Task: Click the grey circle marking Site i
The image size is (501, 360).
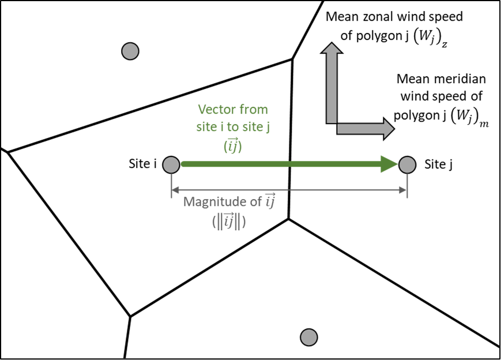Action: click(x=171, y=164)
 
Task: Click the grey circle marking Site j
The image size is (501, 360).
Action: click(x=408, y=164)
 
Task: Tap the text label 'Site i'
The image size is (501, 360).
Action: click(x=142, y=164)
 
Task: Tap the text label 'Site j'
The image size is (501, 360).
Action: click(x=438, y=164)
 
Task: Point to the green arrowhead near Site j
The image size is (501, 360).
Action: click(x=389, y=164)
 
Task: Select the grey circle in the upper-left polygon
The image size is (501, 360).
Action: click(x=130, y=51)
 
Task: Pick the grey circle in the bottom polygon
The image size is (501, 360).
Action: click(x=309, y=337)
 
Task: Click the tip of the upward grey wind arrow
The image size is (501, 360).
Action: click(x=332, y=43)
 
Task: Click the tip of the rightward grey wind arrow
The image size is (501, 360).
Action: click(x=395, y=129)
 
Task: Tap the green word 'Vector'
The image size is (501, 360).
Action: click(x=216, y=110)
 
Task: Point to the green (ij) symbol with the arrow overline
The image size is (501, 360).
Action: click(x=232, y=145)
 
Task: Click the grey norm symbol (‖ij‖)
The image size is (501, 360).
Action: click(x=229, y=222)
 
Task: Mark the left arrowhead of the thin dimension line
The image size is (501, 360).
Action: click(x=172, y=190)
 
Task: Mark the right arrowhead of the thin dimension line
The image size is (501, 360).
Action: click(x=405, y=190)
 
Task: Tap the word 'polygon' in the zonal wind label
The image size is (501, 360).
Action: click(x=376, y=36)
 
